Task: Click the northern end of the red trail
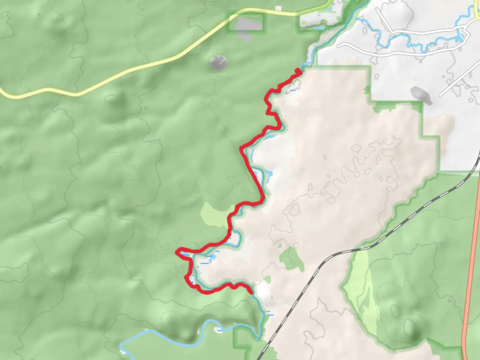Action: coord(298,70)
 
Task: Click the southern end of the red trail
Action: coord(251,292)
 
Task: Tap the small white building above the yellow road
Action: coord(278,8)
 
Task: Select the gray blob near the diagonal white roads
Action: coord(421,95)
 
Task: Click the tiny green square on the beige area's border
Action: coord(367,90)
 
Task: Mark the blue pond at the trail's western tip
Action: coord(185,255)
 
